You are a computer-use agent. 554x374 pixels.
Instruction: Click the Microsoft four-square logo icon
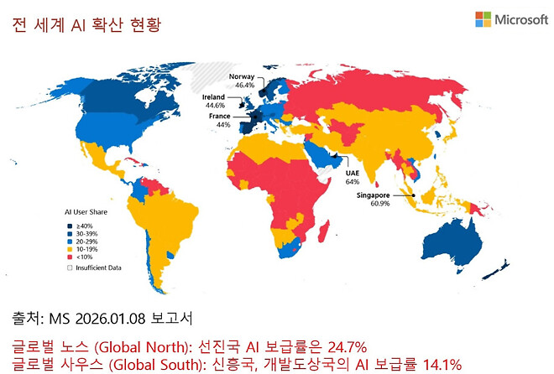pyautogui.click(x=483, y=19)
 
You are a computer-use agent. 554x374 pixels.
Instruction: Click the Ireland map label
pyautogui.click(x=215, y=97)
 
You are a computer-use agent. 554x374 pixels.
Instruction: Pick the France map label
pyautogui.click(x=220, y=116)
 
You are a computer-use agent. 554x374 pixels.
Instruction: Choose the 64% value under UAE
pyautogui.click(x=352, y=181)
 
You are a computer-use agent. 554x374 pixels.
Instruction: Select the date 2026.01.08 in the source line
pyautogui.click(x=121, y=319)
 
